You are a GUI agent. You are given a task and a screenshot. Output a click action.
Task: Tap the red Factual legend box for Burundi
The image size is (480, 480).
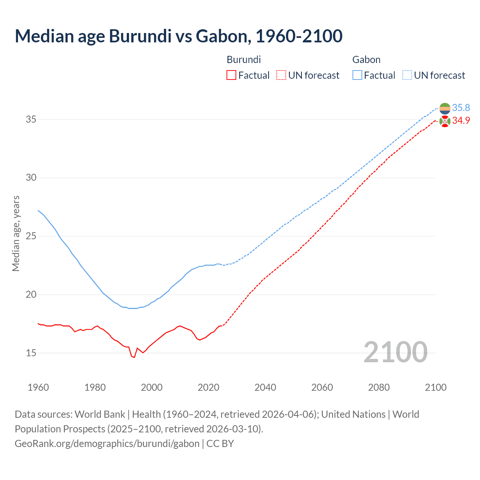click(x=231, y=75)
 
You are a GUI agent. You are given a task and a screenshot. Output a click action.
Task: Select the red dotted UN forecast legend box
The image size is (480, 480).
click(x=281, y=75)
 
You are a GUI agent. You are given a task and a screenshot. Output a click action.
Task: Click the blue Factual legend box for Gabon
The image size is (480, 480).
click(x=357, y=75)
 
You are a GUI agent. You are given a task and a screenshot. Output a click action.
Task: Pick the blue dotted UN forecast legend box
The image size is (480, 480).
click(x=407, y=75)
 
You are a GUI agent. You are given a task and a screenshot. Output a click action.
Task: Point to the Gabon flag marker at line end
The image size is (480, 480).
click(x=445, y=108)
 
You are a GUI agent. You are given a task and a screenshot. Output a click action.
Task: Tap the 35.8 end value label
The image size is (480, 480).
click(x=461, y=108)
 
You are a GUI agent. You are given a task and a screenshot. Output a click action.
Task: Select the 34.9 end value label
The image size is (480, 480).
click(x=461, y=121)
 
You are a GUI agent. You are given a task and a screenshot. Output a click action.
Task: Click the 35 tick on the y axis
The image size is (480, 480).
click(x=31, y=119)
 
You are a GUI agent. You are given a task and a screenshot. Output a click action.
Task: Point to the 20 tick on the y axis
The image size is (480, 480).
click(x=31, y=294)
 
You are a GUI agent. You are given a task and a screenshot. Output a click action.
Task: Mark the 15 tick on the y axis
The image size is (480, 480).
click(x=31, y=353)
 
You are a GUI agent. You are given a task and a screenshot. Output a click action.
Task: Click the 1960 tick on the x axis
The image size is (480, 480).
click(x=38, y=387)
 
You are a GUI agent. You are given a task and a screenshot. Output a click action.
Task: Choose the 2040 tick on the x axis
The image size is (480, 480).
click(x=265, y=387)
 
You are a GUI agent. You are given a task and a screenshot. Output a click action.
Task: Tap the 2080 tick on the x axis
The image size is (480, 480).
click(x=379, y=387)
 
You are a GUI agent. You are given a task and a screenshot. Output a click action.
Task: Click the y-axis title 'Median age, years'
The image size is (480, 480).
click(x=16, y=233)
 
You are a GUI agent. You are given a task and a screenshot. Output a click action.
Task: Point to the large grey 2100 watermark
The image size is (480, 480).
click(x=395, y=352)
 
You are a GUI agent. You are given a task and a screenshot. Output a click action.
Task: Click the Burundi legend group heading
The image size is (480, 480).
click(x=244, y=60)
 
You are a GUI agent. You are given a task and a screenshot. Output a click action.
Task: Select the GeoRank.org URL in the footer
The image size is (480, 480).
click(x=107, y=444)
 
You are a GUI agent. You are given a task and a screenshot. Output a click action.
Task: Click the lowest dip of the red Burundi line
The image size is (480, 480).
click(x=134, y=357)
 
